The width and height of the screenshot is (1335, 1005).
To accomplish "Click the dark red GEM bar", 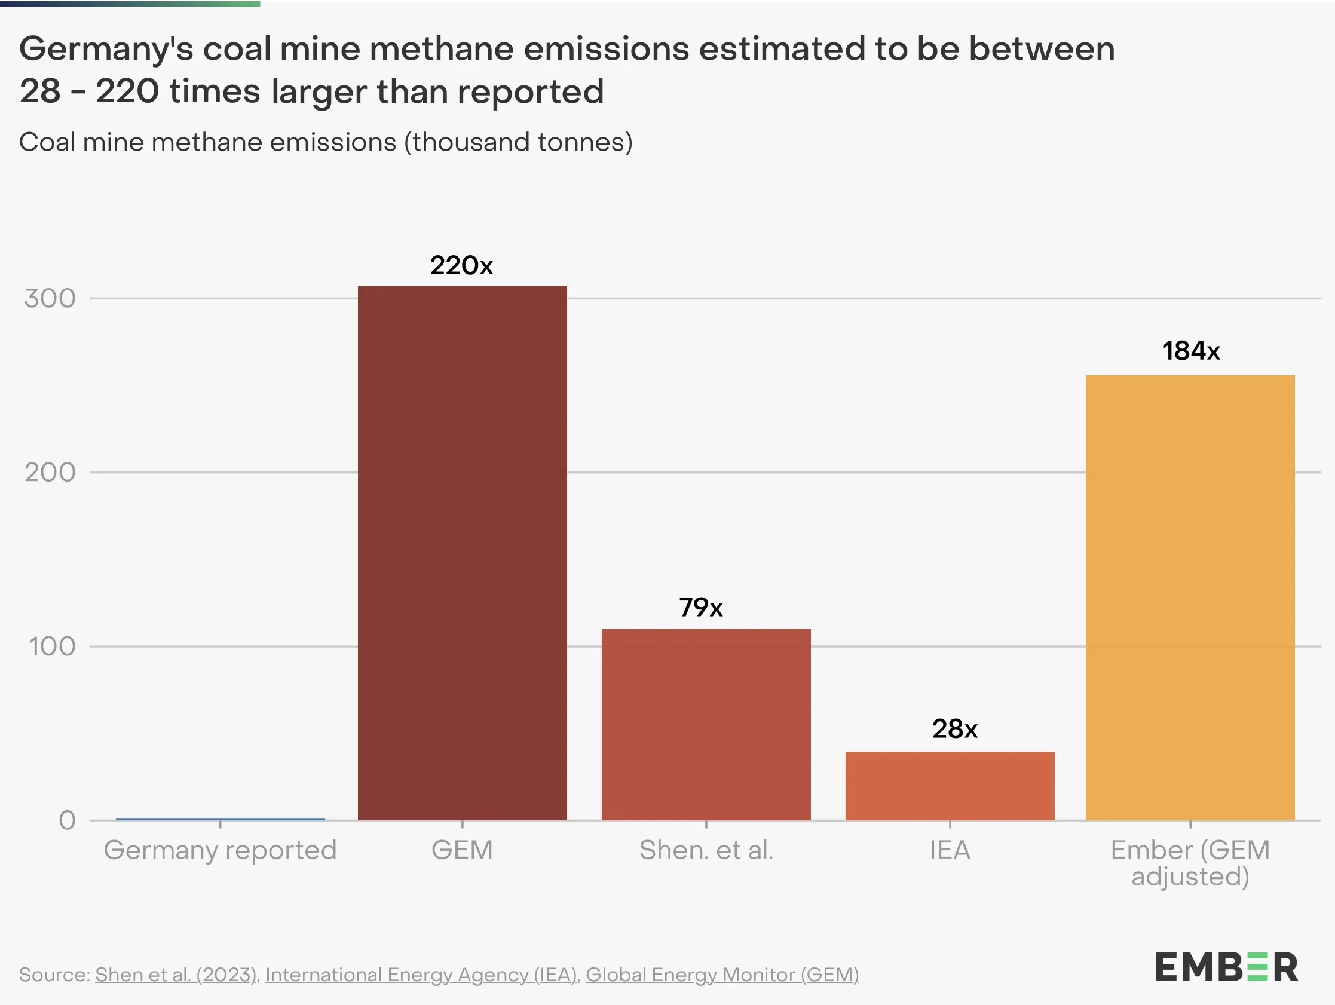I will coord(463,553).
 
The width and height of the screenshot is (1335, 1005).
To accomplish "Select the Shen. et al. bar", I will coord(706,724).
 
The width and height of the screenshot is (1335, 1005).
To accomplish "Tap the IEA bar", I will coord(950,785).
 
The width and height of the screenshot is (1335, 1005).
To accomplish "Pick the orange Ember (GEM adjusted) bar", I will coord(1190,598).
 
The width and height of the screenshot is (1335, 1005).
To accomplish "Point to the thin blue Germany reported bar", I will coord(221,819).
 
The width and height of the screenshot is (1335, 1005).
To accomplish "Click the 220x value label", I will coord(462,265).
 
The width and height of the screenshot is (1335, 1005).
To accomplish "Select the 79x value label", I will coord(701,607).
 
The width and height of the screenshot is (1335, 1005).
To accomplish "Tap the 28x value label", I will coord(955,729).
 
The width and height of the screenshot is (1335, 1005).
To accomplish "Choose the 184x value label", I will coord(1192,351).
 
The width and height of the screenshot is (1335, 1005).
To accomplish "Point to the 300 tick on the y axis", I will coord(50,298).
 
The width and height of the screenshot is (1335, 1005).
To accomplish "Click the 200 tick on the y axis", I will coord(50,472).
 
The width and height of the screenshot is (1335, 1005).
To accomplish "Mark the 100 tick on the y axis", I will coord(53,646).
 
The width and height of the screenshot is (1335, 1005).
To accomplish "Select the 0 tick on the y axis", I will coord(67,820).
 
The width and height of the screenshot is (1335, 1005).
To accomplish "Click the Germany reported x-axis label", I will coord(221,850).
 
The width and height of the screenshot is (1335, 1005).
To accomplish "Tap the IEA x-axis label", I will coord(950,850).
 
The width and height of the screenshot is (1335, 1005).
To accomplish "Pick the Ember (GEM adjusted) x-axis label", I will coord(1190,863).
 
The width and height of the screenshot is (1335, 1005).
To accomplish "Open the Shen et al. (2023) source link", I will coord(176,974).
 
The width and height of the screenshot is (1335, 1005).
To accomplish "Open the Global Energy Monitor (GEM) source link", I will coord(722,974).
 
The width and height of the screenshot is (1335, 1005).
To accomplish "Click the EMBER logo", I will coord(1226,967).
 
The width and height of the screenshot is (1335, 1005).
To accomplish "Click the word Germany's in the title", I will coord(106,50).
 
